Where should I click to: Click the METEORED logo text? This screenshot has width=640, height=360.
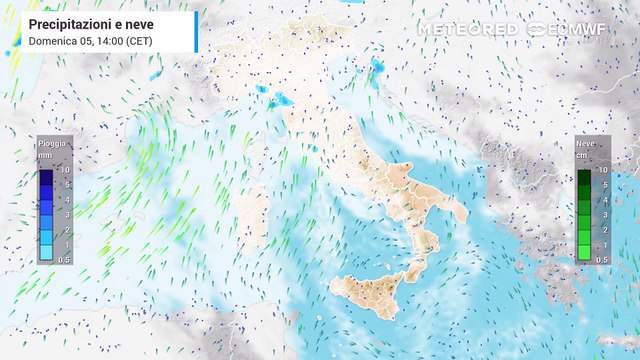467,29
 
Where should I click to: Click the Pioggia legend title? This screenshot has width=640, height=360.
54,144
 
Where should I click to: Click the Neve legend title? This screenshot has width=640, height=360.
585,144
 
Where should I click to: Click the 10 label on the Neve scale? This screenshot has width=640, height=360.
603,171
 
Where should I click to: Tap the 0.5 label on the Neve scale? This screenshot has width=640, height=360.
602,259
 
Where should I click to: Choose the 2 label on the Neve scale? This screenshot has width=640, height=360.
602,230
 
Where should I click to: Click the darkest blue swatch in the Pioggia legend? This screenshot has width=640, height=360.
47,178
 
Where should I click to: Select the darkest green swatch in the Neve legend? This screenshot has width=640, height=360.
585,178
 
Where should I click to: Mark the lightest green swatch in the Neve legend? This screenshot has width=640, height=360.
585,254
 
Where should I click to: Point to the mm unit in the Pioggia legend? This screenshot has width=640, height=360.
46,156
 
